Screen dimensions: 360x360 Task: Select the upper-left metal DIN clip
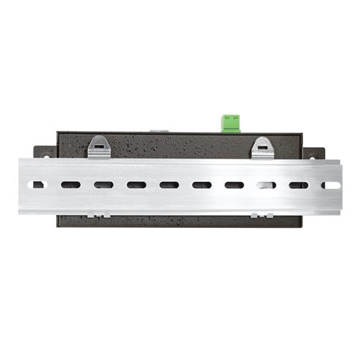point(100,146)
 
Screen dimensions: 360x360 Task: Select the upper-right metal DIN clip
point(262,146)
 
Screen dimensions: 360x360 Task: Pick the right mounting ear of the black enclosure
point(314,152)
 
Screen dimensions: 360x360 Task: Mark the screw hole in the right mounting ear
point(316,154)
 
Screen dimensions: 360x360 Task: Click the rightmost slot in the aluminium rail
point(331,186)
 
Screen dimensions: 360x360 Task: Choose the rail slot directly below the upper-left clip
point(104,186)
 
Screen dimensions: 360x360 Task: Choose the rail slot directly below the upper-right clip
point(266,186)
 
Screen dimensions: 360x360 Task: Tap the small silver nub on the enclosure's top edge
point(159,131)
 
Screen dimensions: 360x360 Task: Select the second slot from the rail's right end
point(298,186)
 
